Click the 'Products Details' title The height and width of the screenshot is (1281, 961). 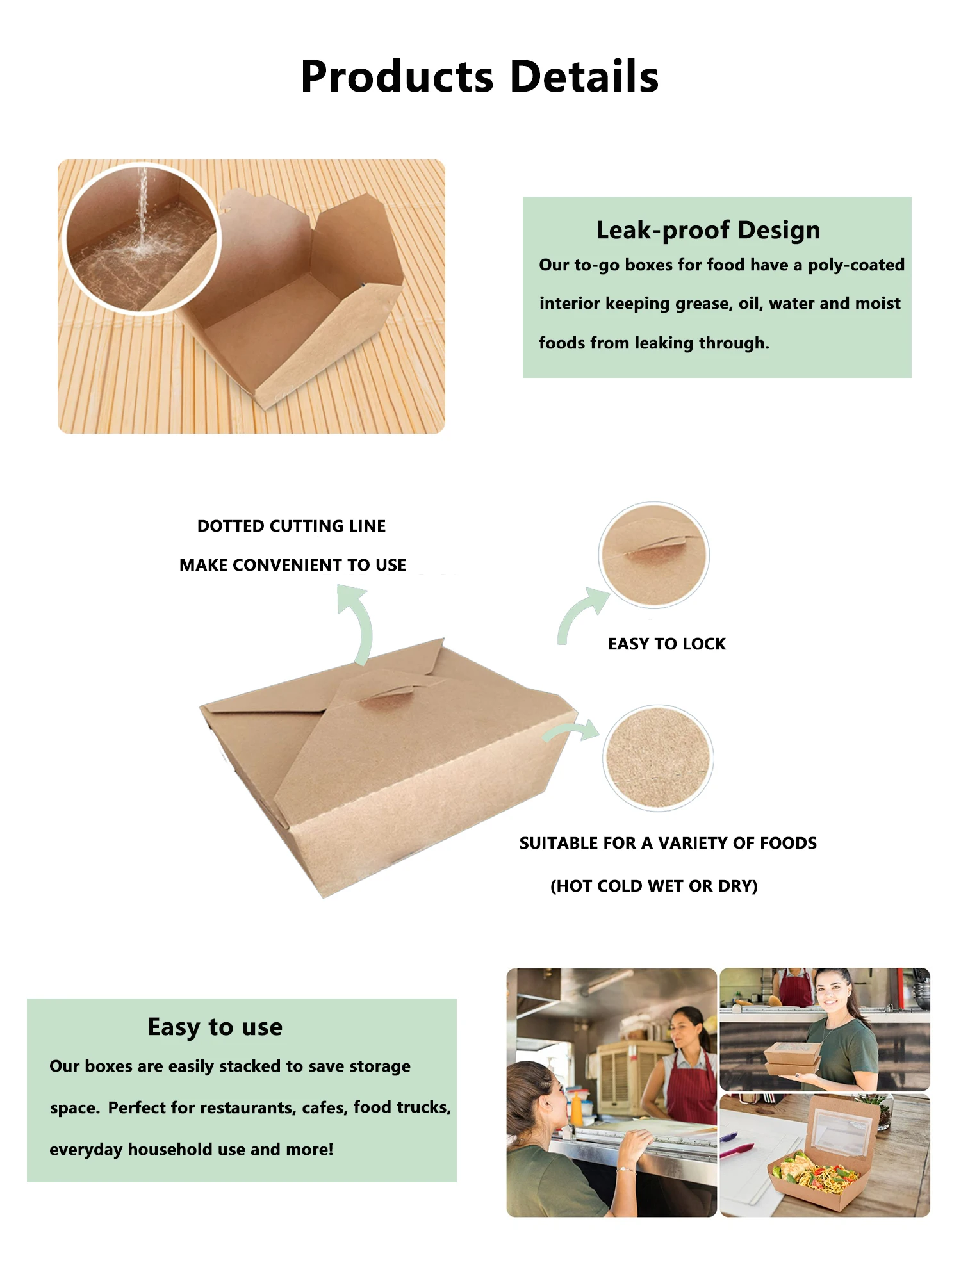[x=480, y=77]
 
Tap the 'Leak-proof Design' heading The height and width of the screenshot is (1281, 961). [x=708, y=230]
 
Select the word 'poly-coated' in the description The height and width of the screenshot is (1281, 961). [x=856, y=265]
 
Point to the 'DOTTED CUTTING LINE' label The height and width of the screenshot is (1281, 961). [x=292, y=526]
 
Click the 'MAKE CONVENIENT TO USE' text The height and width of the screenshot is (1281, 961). [x=293, y=565]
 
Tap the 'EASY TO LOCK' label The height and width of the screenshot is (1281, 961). [x=667, y=644]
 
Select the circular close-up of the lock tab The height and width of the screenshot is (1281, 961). [x=653, y=555]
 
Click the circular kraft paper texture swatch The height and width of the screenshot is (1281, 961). [x=658, y=758]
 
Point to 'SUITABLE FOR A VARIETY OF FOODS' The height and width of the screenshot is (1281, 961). [x=668, y=843]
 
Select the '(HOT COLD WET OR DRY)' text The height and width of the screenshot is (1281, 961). [x=653, y=886]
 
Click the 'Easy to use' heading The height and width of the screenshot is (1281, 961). [x=215, y=1027]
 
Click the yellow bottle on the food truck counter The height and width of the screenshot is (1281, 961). [x=577, y=1109]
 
